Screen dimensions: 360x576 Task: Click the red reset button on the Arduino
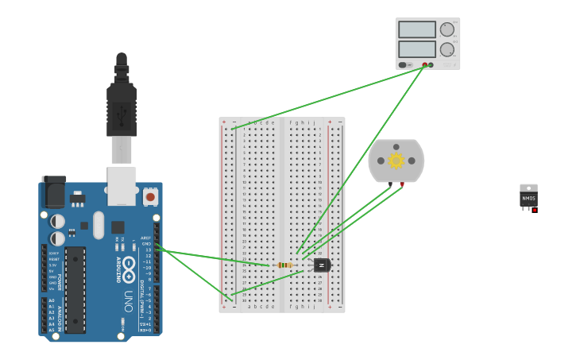(150, 195)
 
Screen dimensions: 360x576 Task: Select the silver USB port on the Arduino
(122, 184)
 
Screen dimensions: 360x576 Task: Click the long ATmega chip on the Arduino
(75, 289)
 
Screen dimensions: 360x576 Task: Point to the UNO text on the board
(128, 300)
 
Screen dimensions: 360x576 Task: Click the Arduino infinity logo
(129, 264)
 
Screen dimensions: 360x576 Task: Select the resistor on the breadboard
(284, 265)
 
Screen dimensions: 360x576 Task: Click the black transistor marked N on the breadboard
(321, 265)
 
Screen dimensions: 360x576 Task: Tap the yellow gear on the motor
(396, 161)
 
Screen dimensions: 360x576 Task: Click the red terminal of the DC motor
(402, 184)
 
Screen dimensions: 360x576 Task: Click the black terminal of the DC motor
(390, 184)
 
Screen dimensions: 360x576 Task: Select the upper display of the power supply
(417, 29)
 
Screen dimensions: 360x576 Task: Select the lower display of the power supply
(417, 48)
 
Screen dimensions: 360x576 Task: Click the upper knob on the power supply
(447, 29)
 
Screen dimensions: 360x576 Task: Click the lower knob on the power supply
(447, 49)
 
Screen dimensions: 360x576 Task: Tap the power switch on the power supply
(404, 64)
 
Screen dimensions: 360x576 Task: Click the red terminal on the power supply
(425, 64)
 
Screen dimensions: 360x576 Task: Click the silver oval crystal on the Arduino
(99, 224)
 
